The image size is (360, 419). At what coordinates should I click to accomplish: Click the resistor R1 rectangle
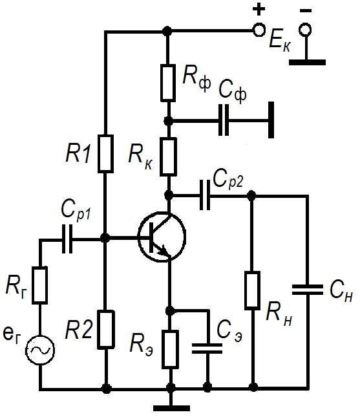coord(106,153)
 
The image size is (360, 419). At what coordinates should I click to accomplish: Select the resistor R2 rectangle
coord(106,330)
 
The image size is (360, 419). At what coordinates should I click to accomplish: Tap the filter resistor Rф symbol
coord(168,83)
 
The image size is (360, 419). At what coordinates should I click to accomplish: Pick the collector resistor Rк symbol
coord(168,156)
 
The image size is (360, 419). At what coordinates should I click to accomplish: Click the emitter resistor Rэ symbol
coord(170,349)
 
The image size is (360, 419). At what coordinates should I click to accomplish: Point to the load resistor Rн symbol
coord(252,291)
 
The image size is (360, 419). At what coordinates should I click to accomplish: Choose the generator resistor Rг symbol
coord(40,285)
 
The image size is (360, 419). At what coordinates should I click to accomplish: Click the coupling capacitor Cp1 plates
coord(67,239)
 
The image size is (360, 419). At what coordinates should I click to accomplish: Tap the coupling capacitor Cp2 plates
coord(205,195)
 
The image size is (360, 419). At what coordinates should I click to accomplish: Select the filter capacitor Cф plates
coord(224,120)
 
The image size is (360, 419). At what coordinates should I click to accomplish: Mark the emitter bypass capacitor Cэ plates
coord(207,349)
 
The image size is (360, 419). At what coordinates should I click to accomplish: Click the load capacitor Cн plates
coord(308,290)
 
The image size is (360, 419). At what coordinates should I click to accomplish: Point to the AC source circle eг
coord(40,350)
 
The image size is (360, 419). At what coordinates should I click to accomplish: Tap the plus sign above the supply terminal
coord(259,9)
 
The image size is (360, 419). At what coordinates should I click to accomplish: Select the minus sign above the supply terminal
coord(306,11)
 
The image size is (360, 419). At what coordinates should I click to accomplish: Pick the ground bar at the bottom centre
coord(171,408)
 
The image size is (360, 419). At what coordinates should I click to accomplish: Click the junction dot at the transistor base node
coord(105,237)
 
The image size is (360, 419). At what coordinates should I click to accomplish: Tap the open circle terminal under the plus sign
coord(259,30)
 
